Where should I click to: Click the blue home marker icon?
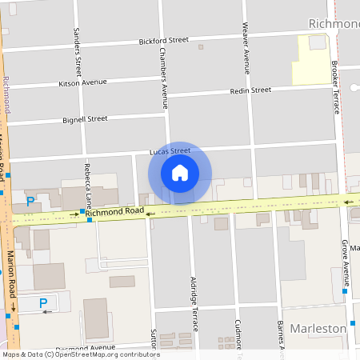click(x=180, y=172)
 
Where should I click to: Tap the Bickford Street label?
click(x=163, y=39)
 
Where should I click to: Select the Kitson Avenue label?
click(x=82, y=82)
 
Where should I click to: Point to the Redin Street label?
click(x=250, y=90)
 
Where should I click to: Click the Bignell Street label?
click(x=85, y=119)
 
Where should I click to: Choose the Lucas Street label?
click(x=170, y=150)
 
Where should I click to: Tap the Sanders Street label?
click(x=78, y=50)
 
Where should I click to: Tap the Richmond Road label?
click(x=114, y=212)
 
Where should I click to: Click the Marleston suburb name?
click(x=318, y=329)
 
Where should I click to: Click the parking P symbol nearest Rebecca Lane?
click(x=30, y=202)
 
